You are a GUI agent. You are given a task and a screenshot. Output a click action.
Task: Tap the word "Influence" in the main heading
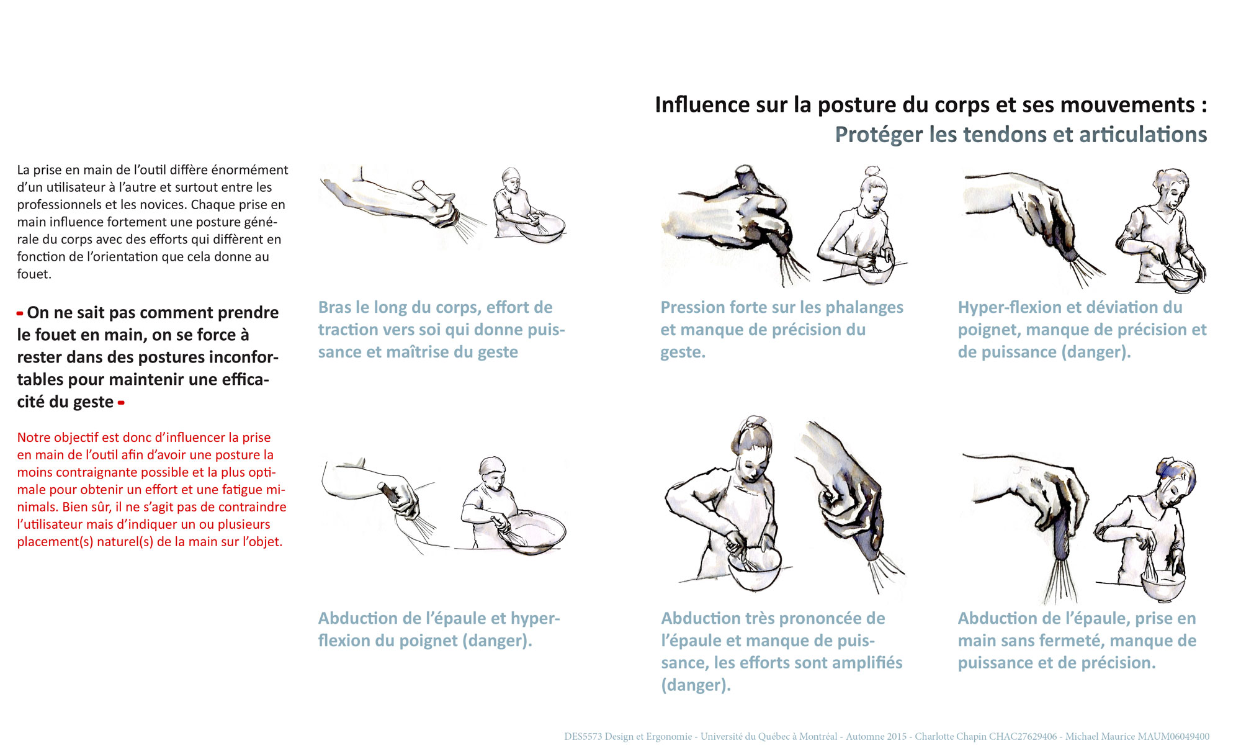pyautogui.click(x=703, y=104)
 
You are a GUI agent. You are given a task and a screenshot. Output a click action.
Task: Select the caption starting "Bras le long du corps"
pyautogui.click(x=442, y=330)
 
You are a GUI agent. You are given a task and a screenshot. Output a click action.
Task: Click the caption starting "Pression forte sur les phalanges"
pyautogui.click(x=782, y=330)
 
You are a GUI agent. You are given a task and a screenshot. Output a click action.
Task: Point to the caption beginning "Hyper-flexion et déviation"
pyautogui.click(x=1082, y=330)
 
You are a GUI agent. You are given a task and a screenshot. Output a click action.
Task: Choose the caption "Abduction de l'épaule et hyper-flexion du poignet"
pyautogui.click(x=439, y=629)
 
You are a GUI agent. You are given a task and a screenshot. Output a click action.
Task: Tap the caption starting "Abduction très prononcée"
pyautogui.click(x=782, y=652)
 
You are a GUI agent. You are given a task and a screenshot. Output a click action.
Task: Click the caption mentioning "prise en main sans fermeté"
pyautogui.click(x=1077, y=641)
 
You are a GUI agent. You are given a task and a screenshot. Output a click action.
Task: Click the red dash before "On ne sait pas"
pyautogui.click(x=20, y=313)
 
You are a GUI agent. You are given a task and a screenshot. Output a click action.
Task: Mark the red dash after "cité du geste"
pyautogui.click(x=121, y=403)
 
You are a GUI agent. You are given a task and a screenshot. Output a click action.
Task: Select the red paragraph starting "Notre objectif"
pyautogui.click(x=152, y=490)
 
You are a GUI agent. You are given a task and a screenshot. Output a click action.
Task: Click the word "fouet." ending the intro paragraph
pyautogui.click(x=34, y=274)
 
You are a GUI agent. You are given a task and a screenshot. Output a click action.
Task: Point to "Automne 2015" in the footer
pyautogui.click(x=876, y=737)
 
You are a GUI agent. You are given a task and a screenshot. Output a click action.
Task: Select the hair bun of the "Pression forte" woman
pyautogui.click(x=872, y=171)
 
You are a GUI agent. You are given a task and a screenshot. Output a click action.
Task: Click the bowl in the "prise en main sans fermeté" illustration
pyautogui.click(x=1163, y=585)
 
